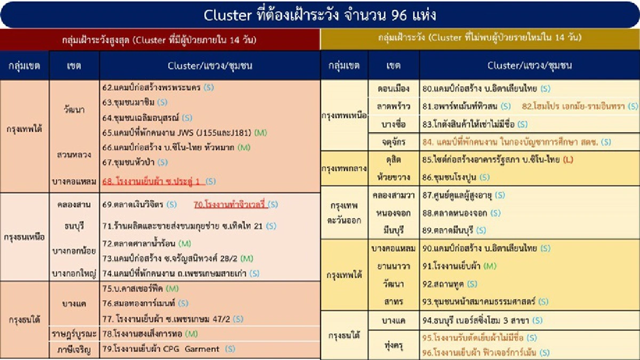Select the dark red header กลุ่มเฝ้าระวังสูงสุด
[160, 39]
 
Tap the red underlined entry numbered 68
[152, 181]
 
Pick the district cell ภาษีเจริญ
[74, 349]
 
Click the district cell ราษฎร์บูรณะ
[74, 334]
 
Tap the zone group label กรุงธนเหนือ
[25, 236]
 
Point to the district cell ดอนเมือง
[394, 88]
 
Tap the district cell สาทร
[394, 302]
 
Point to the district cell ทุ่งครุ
[394, 345]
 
